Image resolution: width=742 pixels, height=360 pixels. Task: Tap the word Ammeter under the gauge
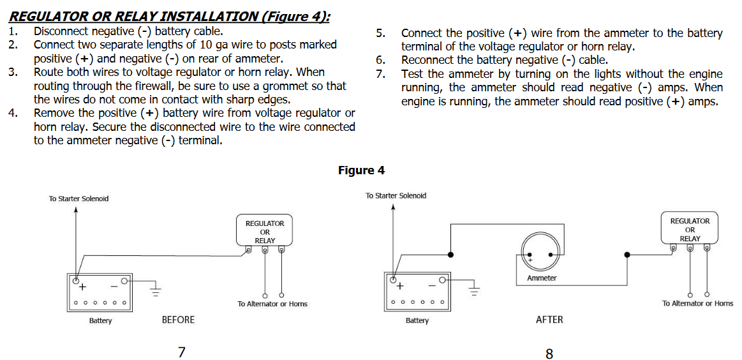click(x=542, y=278)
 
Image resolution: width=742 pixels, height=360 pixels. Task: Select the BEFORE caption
click(x=178, y=320)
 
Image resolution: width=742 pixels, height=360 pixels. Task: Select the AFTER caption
click(x=549, y=320)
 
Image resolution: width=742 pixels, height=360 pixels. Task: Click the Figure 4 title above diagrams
click(x=361, y=170)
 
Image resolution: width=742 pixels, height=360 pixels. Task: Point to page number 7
click(x=182, y=352)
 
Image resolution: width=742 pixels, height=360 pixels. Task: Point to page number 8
click(x=549, y=354)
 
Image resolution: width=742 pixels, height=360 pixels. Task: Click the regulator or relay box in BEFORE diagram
click(x=265, y=232)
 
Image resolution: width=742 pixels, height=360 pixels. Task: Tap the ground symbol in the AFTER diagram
click(x=473, y=292)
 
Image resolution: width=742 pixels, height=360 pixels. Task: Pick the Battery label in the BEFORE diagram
click(x=100, y=320)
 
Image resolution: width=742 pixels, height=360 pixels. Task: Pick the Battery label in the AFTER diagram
click(x=417, y=320)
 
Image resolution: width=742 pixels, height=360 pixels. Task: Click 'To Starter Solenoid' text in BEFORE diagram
click(x=78, y=199)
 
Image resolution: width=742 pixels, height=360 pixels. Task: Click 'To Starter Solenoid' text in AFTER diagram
click(x=396, y=195)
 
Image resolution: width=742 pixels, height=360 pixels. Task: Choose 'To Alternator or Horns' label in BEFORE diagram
click(x=272, y=304)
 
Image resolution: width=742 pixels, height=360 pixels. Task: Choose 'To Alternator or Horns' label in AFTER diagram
click(x=697, y=303)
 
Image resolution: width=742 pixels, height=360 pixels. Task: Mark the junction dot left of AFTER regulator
click(x=627, y=255)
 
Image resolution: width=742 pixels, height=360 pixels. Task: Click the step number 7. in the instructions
click(x=380, y=74)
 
